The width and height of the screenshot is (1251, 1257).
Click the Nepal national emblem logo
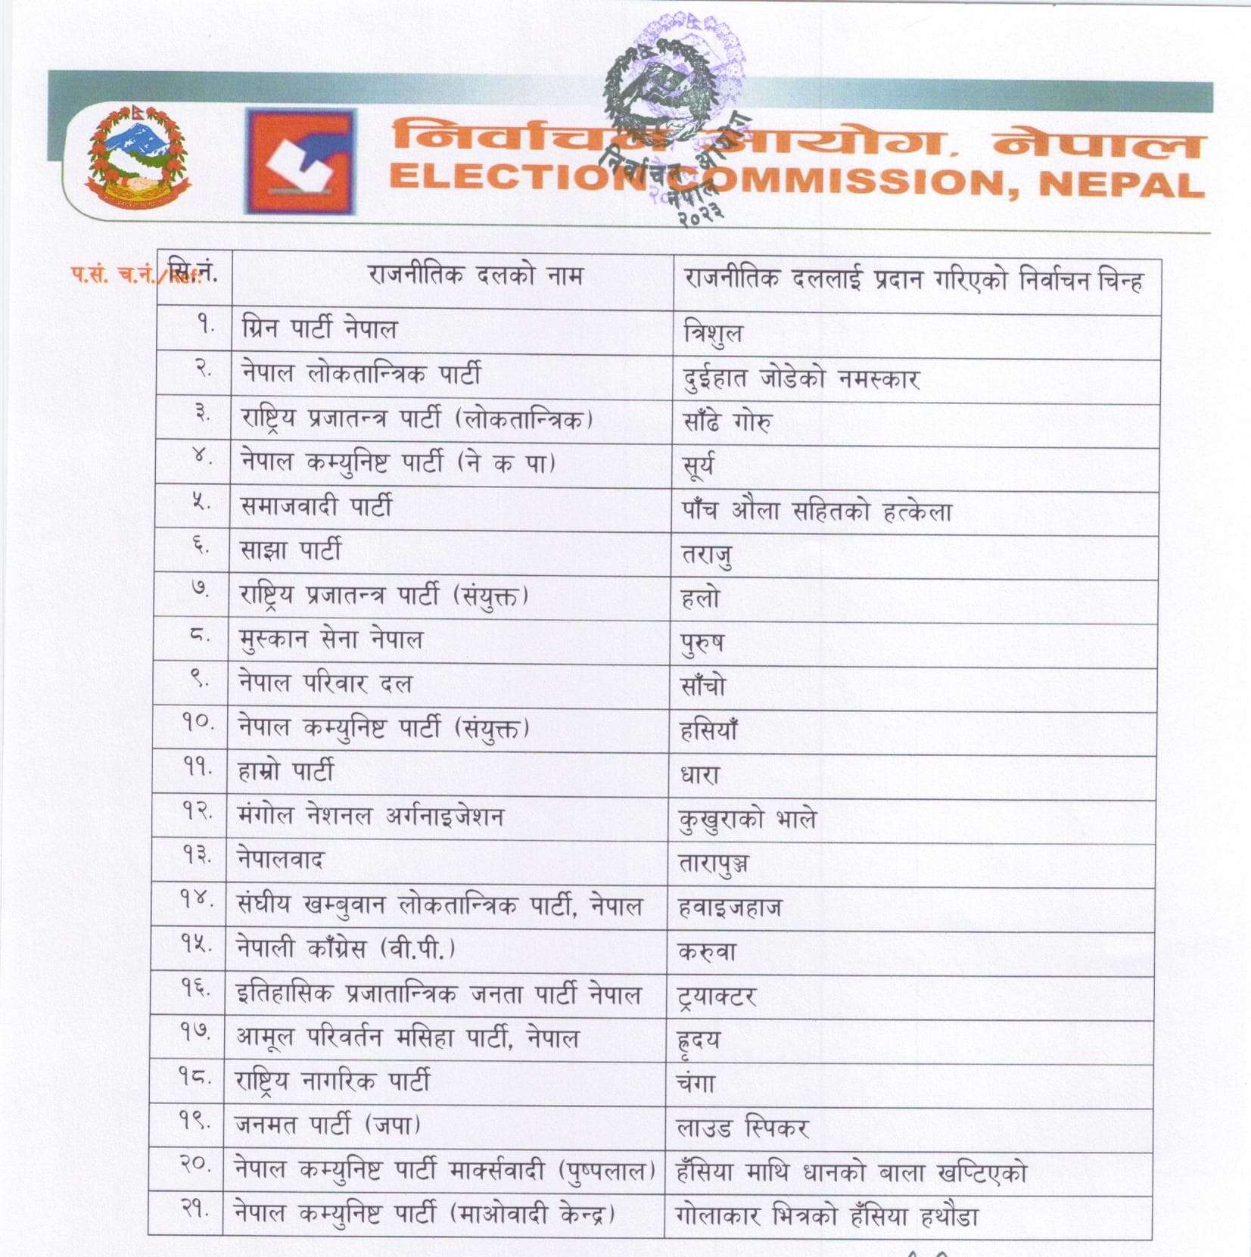pos(137,157)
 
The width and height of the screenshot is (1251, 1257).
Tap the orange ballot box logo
pos(300,161)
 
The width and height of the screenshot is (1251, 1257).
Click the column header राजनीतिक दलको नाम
pos(475,275)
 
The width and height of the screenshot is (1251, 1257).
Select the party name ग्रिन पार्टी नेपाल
pos(319,329)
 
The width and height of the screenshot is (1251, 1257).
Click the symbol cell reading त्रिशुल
pos(712,334)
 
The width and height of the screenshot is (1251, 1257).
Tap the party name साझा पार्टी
pos(291,550)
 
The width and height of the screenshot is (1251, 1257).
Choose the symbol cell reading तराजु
pos(706,555)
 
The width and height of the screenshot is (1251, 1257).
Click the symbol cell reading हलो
pos(700,599)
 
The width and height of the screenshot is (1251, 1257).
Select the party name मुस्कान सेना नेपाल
pos(330,639)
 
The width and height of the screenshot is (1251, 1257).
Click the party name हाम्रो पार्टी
pos(285,771)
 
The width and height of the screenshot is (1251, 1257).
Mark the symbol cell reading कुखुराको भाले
pos(747,820)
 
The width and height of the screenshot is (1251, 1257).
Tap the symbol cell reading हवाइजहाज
pos(729,907)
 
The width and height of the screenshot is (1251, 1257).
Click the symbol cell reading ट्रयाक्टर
pos(716,996)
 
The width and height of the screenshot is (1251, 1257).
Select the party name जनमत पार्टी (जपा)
pos(328,1125)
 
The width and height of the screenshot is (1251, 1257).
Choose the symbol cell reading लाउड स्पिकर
pos(742,1128)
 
